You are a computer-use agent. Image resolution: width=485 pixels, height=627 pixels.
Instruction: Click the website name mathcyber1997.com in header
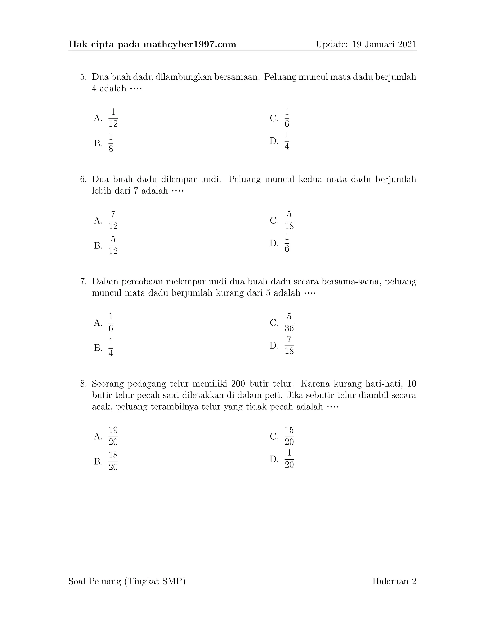(190, 44)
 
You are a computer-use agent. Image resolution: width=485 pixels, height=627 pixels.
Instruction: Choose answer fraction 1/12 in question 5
(113, 118)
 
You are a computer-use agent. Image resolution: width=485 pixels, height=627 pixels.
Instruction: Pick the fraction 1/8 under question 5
(111, 143)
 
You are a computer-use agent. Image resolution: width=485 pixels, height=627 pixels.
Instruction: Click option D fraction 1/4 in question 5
(287, 141)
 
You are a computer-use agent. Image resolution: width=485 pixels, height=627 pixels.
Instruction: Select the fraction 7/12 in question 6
(113, 220)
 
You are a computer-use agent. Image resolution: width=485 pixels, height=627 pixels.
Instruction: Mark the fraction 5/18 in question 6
(289, 220)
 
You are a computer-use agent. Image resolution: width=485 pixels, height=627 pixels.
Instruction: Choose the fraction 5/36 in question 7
(289, 322)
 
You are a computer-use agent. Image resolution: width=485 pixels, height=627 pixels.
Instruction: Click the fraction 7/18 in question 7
(289, 345)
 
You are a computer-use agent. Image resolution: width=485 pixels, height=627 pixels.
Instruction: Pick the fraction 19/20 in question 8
(113, 436)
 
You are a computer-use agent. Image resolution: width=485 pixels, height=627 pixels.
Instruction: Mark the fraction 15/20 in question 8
(289, 436)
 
